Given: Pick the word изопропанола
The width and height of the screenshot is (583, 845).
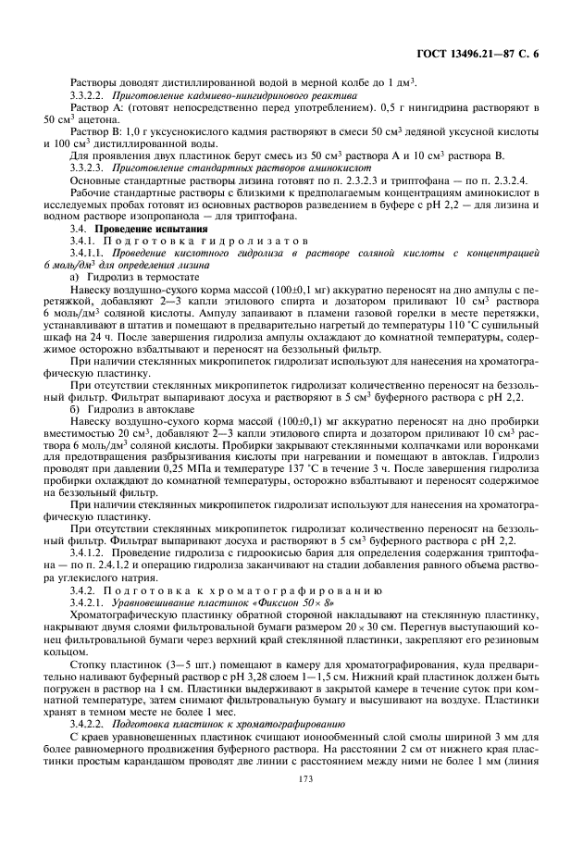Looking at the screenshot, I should coord(140,217).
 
